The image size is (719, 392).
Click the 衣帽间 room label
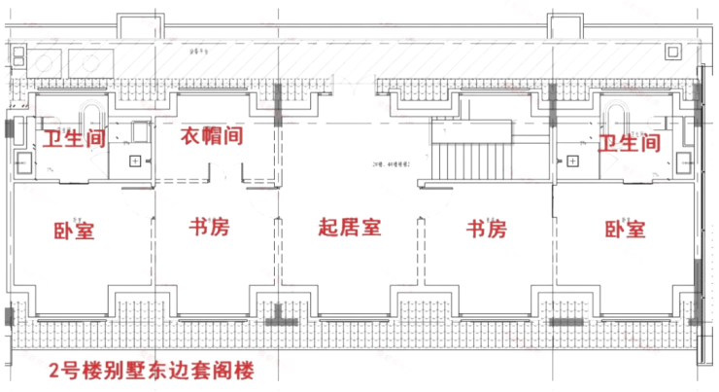pos(212,136)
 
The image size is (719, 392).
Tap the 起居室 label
pos(350,229)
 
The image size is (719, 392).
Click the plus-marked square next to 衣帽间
pos(135,160)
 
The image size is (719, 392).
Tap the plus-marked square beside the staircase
pos(572,160)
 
